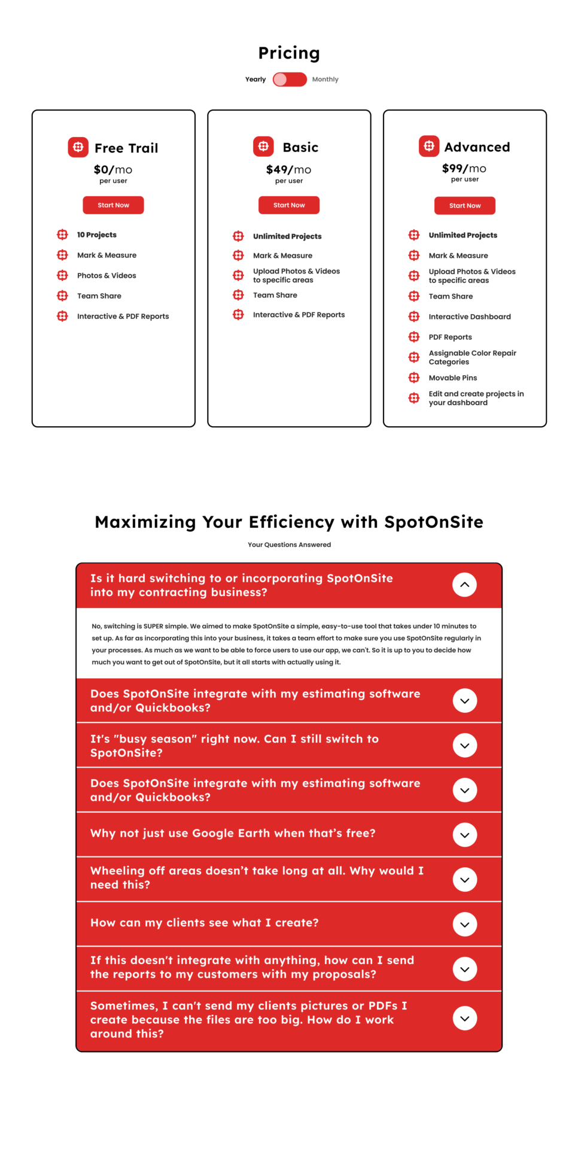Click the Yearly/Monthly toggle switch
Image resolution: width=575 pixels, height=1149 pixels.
tap(290, 80)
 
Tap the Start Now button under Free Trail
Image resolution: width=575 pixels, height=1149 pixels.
tap(113, 205)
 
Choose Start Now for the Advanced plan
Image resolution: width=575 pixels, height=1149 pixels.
tap(465, 206)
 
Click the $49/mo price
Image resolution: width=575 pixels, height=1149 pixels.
tap(288, 170)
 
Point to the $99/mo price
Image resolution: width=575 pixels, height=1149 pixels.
tap(464, 169)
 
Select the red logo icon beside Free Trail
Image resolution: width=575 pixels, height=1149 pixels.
tap(78, 147)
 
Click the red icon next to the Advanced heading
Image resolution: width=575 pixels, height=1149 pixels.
tap(429, 146)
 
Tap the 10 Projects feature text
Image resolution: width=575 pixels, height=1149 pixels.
tap(97, 235)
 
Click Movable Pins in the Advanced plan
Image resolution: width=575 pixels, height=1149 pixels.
tap(453, 378)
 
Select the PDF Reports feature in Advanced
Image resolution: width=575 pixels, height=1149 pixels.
tap(450, 338)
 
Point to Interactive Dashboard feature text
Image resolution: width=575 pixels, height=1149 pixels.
tap(470, 317)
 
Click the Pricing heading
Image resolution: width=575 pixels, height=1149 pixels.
tap(289, 53)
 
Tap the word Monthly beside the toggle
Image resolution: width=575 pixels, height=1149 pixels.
tap(325, 80)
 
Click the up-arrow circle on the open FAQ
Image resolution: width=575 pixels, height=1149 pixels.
tap(464, 585)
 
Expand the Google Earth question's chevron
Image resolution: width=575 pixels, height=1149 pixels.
tap(464, 835)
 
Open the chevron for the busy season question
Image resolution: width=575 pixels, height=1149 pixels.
tap(464, 746)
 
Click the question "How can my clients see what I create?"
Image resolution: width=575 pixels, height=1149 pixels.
tap(205, 923)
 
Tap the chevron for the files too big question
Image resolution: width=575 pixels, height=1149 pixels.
tap(464, 1019)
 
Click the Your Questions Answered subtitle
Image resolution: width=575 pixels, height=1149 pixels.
tap(289, 545)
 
